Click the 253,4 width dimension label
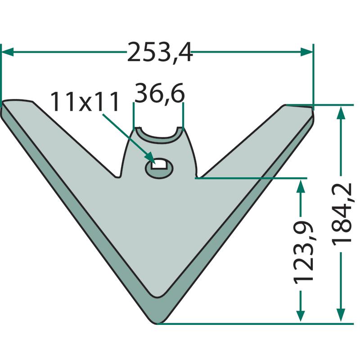point(160,52)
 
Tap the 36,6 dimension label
point(160,94)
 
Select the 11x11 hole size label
point(85,102)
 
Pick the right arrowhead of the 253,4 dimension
point(306,52)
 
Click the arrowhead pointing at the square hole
point(151,159)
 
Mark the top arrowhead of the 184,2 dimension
point(341,112)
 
